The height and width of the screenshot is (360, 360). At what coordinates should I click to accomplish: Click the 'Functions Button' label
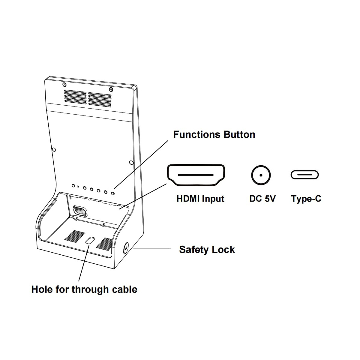coord(214,134)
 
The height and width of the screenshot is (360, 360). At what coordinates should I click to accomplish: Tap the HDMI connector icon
coord(196,175)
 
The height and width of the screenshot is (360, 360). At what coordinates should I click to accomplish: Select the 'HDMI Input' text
coord(200,199)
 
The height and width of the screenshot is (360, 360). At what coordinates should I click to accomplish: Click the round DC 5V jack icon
coord(261,175)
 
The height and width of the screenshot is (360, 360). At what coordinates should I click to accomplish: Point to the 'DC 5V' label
coord(262,199)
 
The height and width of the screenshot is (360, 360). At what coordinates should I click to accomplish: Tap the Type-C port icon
coord(304,175)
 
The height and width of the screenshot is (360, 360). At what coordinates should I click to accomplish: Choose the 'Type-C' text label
coord(306,199)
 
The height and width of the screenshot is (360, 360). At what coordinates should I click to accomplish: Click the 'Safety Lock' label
coord(207,250)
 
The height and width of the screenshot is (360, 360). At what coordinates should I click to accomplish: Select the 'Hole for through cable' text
coord(84,289)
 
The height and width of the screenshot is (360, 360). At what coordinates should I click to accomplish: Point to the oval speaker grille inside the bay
coord(80,211)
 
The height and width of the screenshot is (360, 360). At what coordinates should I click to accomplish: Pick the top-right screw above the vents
coord(111,89)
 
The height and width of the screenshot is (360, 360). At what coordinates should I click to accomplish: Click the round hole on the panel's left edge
coord(54,149)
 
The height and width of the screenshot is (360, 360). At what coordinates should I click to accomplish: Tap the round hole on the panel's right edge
coord(131,163)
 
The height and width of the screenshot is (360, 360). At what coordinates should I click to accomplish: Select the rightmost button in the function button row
coord(112,193)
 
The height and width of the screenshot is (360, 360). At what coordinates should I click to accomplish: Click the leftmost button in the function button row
coord(73,186)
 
